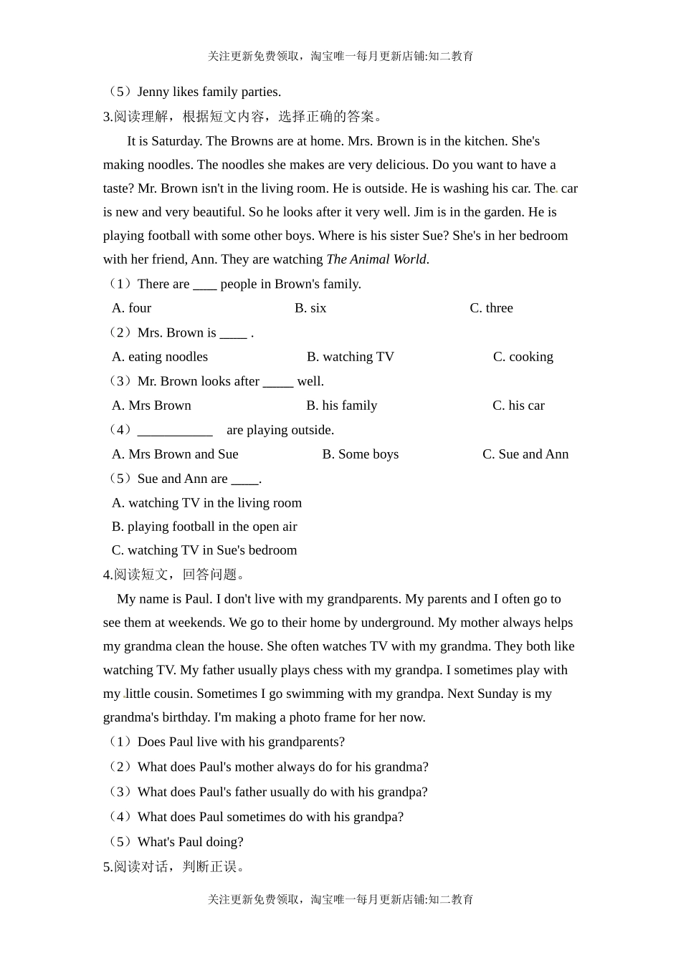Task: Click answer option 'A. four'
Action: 131,308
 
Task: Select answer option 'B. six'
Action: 310,308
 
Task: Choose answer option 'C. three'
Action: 491,308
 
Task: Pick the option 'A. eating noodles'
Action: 160,357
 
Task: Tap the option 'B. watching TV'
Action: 351,357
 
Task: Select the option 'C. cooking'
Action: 523,357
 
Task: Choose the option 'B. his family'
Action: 342,406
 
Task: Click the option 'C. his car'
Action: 518,406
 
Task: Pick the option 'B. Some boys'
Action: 361,454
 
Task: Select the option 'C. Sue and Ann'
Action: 525,454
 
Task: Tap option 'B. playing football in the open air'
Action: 204,527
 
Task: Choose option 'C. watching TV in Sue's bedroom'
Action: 204,550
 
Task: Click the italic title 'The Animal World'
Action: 377,259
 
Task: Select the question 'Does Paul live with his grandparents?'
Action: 241,742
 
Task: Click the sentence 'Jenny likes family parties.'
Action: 209,92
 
